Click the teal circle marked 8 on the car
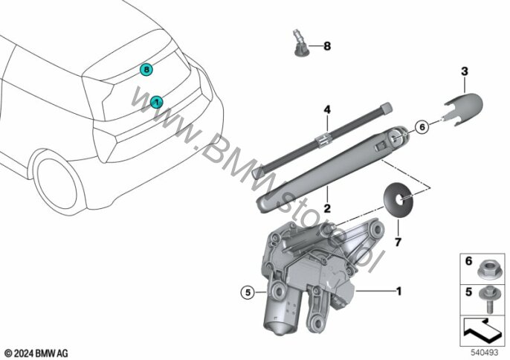[147, 70]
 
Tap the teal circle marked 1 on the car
[156, 100]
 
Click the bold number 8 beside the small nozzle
[326, 46]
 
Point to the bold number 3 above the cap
[464, 71]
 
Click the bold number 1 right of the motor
[398, 290]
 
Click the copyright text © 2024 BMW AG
[36, 351]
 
